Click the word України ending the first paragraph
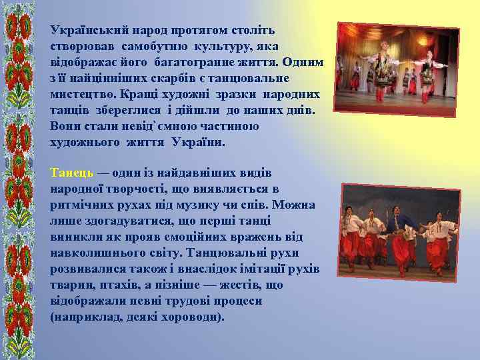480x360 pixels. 199,142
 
